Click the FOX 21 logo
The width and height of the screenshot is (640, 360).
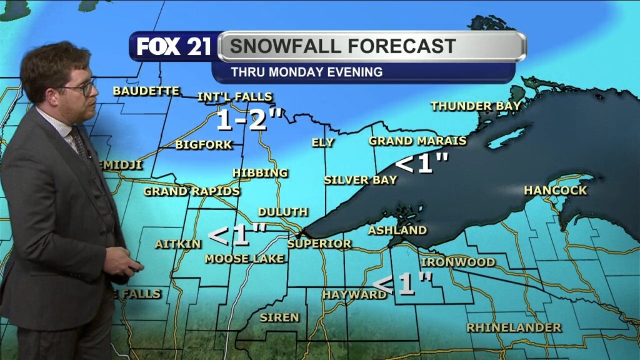(x=174, y=47)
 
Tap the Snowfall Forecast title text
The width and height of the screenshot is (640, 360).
(x=342, y=46)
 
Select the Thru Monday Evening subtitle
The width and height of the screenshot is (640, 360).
(x=306, y=72)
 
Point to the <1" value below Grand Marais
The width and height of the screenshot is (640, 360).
(x=422, y=164)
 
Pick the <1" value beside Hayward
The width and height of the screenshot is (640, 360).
(x=407, y=284)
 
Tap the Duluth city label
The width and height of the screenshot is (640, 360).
(x=282, y=212)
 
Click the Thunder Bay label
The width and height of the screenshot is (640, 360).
(x=475, y=106)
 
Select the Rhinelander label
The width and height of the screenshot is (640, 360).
(x=514, y=327)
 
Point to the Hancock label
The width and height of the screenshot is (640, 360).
(x=555, y=190)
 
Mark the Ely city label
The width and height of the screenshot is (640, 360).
(x=322, y=142)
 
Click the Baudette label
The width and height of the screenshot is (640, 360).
(x=146, y=91)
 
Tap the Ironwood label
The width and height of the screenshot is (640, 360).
(x=457, y=262)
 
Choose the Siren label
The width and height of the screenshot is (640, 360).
(x=279, y=317)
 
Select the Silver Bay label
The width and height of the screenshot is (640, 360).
(x=360, y=180)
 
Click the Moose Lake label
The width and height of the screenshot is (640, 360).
(x=244, y=258)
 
